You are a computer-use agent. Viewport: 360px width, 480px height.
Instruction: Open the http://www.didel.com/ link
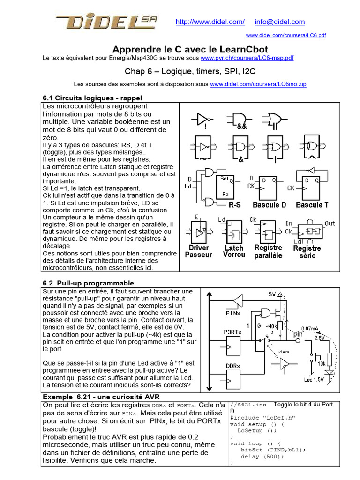tap(210, 22)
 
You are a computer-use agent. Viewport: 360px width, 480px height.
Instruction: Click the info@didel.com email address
tap(280, 22)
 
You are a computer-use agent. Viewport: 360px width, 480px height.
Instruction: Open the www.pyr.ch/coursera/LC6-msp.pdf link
tap(247, 58)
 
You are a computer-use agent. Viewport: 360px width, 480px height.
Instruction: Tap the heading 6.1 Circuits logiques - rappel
tap(92, 98)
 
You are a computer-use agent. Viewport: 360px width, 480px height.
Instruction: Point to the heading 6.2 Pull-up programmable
tap(88, 283)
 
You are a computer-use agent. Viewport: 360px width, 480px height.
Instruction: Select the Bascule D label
tap(269, 205)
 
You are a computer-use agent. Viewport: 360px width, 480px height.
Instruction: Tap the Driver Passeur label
tap(198, 251)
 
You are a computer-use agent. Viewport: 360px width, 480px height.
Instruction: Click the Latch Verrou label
tap(234, 251)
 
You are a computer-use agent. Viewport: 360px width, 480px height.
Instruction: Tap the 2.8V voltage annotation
tap(319, 337)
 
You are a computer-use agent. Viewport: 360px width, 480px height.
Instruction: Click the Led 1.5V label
tap(314, 379)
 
